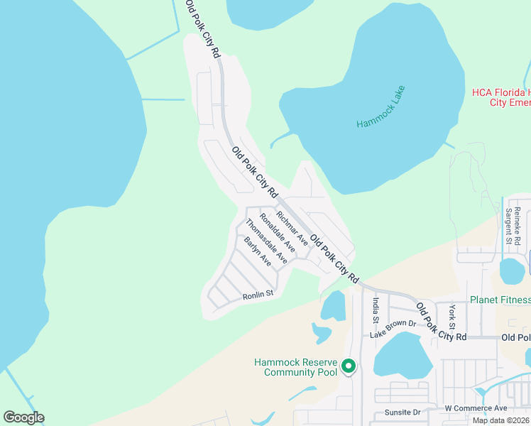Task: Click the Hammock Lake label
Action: pyautogui.click(x=381, y=106)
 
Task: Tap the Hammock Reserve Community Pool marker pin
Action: pyautogui.click(x=349, y=366)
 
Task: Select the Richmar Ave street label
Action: pyautogui.click(x=292, y=228)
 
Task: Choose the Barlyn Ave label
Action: pyautogui.click(x=258, y=252)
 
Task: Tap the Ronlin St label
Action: pyautogui.click(x=258, y=295)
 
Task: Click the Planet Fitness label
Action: pyautogui.click(x=500, y=300)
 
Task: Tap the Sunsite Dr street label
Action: pyautogui.click(x=403, y=412)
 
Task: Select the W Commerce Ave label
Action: pyautogui.click(x=476, y=408)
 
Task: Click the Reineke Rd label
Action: pyautogui.click(x=518, y=222)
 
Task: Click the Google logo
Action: pyautogui.click(x=23, y=417)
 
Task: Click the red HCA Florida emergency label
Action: pyautogui.click(x=501, y=97)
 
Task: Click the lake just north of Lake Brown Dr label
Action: pyautogui.click(x=333, y=305)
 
